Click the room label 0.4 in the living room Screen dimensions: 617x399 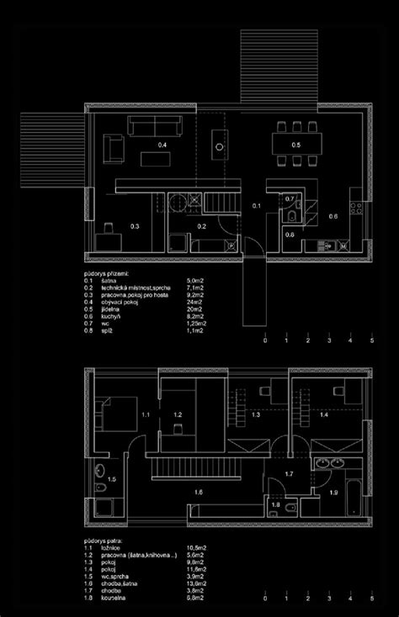coord(163,146)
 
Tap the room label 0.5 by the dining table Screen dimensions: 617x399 coord(296,145)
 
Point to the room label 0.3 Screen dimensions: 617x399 coord(134,225)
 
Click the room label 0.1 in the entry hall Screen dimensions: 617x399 coord(257,205)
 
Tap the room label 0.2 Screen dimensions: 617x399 coord(202,225)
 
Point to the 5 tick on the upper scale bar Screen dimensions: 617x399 coord(371,341)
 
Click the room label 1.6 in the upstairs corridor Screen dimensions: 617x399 coord(197,492)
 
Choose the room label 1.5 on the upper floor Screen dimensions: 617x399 coord(113,478)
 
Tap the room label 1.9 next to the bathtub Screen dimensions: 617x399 coord(332,491)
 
